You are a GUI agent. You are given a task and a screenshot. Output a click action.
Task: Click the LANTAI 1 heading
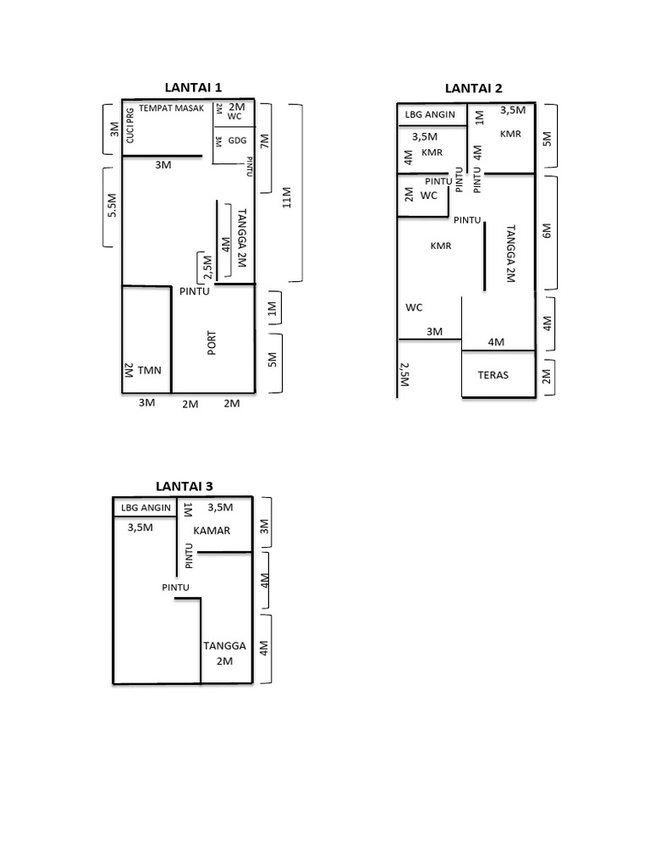coord(193,87)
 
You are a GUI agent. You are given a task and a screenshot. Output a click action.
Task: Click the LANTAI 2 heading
coord(474,89)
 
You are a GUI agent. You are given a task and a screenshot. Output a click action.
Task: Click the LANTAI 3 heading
coord(185,485)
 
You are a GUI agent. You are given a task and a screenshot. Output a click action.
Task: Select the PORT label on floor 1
coord(212,343)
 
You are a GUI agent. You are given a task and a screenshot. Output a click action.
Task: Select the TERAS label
coord(493,374)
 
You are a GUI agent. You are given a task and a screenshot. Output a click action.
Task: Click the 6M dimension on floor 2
coord(547,231)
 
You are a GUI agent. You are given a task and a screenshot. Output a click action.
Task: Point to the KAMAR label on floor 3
coord(212,530)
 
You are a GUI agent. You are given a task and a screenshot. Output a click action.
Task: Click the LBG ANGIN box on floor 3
coord(145,508)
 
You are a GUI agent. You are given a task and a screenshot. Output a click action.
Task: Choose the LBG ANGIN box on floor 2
coord(430,114)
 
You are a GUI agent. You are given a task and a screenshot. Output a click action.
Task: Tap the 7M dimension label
coord(264,140)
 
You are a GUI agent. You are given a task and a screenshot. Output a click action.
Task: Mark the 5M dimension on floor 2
coord(547,137)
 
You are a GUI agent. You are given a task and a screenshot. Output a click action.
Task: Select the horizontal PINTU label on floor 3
coord(176,587)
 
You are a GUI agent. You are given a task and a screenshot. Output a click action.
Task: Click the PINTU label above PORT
coord(195,291)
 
